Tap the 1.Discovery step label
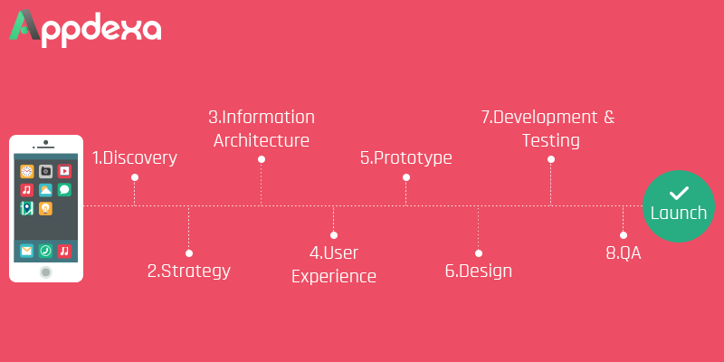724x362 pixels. tap(135, 157)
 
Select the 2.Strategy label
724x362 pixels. tap(189, 271)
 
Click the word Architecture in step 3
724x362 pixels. tap(262, 140)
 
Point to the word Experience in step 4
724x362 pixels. tap(334, 276)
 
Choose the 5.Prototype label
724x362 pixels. tap(406, 157)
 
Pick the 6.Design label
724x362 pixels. tap(479, 271)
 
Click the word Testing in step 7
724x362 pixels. tap(551, 140)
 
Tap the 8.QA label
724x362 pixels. tap(624, 252)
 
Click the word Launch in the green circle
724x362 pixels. tap(679, 214)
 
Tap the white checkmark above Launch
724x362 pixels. tap(679, 192)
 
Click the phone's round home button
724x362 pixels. tap(46, 271)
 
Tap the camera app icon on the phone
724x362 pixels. tap(45, 171)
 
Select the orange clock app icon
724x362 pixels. tap(27, 171)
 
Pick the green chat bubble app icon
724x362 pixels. tap(64, 190)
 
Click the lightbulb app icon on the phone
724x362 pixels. tap(45, 208)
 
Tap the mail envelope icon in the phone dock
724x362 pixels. tap(27, 251)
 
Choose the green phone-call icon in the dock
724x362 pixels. tap(45, 251)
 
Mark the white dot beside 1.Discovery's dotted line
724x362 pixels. tap(135, 177)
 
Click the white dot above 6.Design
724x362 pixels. tap(479, 253)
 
